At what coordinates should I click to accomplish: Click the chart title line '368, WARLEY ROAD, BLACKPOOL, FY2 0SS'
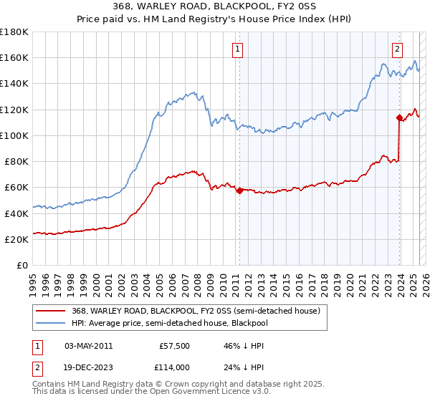click(215, 6)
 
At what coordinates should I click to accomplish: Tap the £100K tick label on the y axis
click(14, 135)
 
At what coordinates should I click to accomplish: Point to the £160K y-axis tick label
click(14, 57)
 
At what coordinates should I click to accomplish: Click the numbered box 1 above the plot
click(238, 49)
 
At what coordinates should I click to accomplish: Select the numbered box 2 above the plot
click(397, 49)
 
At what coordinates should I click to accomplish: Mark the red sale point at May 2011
click(239, 190)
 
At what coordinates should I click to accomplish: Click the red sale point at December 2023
click(399, 117)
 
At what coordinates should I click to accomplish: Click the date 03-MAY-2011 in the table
click(88, 346)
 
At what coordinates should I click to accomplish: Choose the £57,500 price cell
click(173, 346)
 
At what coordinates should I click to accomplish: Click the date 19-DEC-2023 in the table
click(88, 367)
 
